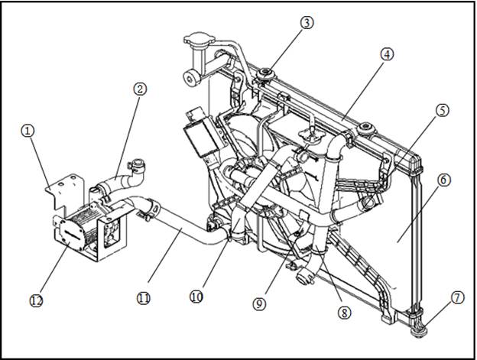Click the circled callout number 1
(x=28, y=131)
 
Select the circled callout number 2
(x=140, y=89)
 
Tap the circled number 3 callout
(x=307, y=22)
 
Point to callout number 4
(x=387, y=54)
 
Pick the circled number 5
(x=443, y=110)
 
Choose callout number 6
(x=443, y=180)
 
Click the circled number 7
(x=458, y=297)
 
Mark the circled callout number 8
(x=344, y=313)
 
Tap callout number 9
(x=259, y=303)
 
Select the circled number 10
(x=196, y=296)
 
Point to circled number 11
(x=143, y=298)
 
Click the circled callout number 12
(x=36, y=300)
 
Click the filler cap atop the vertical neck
(x=200, y=38)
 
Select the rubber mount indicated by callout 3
(x=265, y=74)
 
